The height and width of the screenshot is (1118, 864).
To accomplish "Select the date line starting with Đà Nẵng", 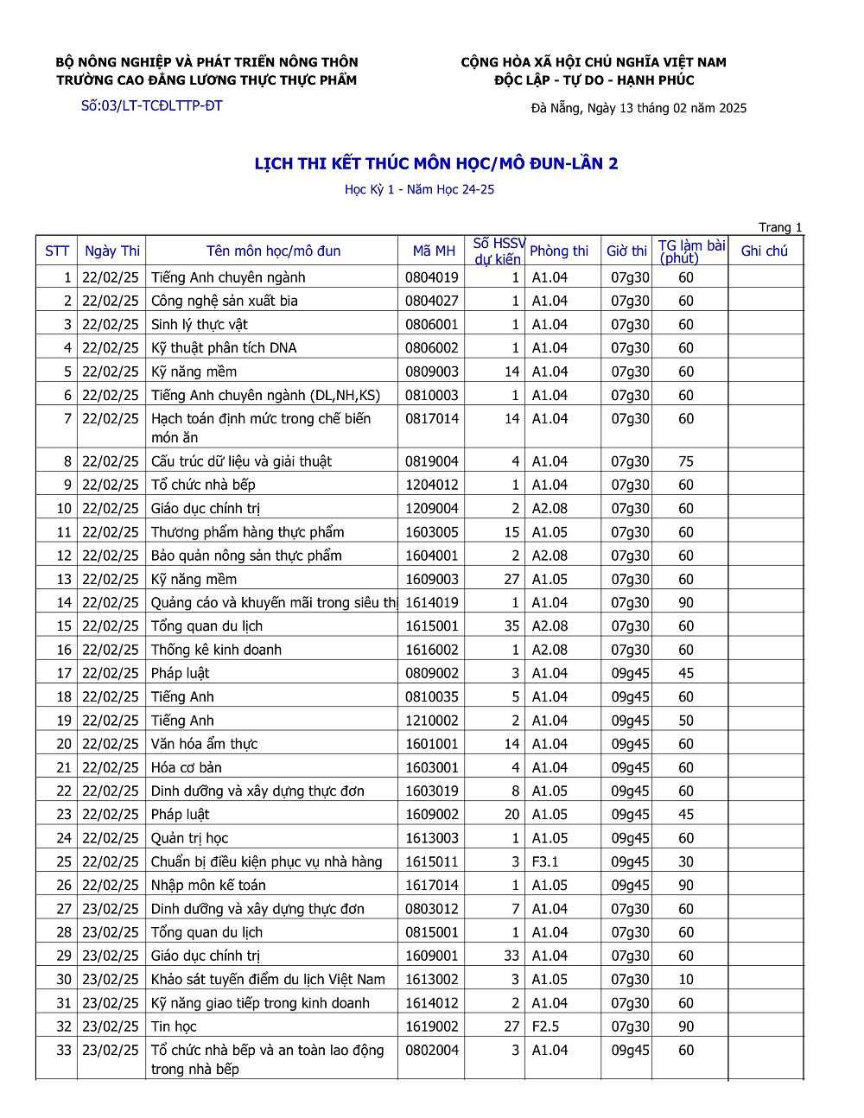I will pyautogui.click(x=638, y=108).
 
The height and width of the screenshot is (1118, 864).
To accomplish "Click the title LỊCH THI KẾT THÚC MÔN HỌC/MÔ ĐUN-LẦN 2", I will pyautogui.click(x=436, y=163).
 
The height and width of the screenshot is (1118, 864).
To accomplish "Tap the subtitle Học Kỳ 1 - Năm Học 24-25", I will pyautogui.click(x=419, y=189).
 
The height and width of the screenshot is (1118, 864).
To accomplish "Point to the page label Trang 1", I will pyautogui.click(x=780, y=227).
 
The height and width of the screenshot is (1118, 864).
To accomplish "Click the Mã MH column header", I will pyautogui.click(x=434, y=251).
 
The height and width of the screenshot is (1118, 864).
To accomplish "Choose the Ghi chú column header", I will pyautogui.click(x=765, y=251).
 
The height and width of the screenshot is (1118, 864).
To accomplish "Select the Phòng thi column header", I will pyautogui.click(x=559, y=251).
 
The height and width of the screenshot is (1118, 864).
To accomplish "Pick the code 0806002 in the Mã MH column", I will pyautogui.click(x=432, y=347).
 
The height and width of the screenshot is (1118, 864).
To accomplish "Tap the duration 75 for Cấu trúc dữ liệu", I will pyautogui.click(x=686, y=461).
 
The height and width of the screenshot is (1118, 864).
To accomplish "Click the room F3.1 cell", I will pyautogui.click(x=545, y=861).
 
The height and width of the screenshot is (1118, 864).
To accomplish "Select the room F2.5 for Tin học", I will pyautogui.click(x=545, y=1026).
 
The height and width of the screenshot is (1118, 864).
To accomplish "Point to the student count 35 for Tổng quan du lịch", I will pyautogui.click(x=511, y=626).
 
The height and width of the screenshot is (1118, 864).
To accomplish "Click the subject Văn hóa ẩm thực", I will pyautogui.click(x=204, y=744).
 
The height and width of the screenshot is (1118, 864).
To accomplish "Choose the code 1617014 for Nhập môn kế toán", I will pyautogui.click(x=432, y=885).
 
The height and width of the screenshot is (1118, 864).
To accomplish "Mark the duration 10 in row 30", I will pyautogui.click(x=686, y=979).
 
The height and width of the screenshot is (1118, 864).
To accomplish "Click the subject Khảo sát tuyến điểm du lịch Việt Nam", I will pyautogui.click(x=268, y=979).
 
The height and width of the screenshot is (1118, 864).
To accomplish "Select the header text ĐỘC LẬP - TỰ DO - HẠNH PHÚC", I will pyautogui.click(x=594, y=80).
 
